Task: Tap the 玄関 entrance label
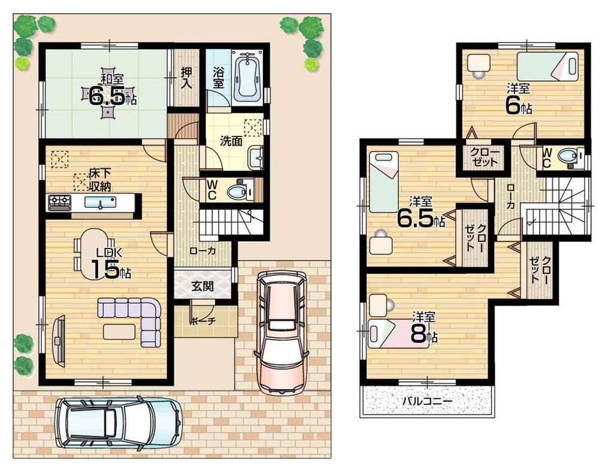click(202, 286)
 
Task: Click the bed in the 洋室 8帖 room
click(398, 333)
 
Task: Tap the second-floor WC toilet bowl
click(568, 157)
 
